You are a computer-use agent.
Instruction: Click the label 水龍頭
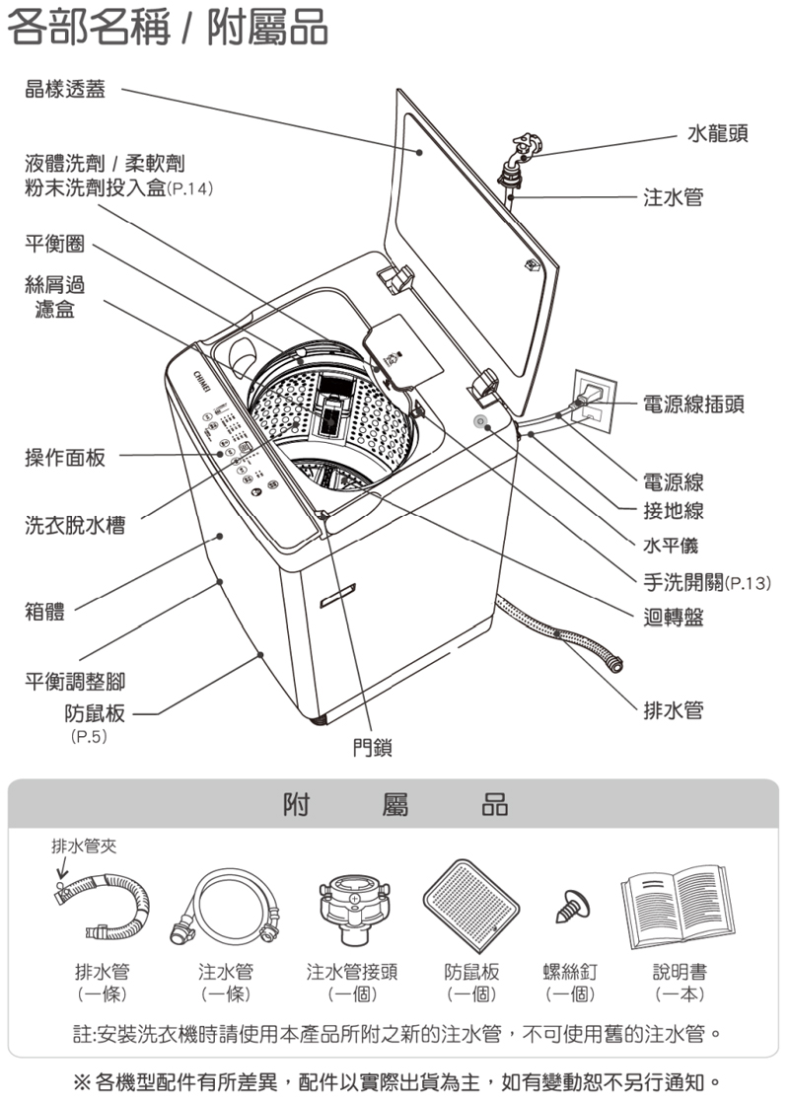click(x=717, y=132)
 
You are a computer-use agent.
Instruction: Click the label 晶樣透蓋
click(x=65, y=91)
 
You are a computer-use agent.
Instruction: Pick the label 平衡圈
click(x=54, y=243)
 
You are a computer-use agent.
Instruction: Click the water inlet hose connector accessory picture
click(x=352, y=902)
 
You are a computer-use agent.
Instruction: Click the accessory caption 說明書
click(x=680, y=972)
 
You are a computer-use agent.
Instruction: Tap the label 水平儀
click(x=673, y=546)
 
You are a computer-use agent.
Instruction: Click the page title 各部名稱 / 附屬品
click(x=168, y=30)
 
